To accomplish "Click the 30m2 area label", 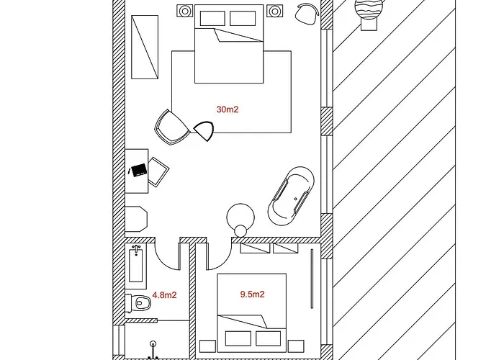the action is coord(228,109).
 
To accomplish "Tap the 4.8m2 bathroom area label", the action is coord(164,294).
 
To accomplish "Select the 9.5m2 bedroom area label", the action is coord(252,294).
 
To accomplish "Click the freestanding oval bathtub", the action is coord(291,196).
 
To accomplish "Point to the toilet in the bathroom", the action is coord(138,302).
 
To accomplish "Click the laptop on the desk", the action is coord(139,169).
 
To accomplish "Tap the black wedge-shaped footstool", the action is coord(204,130).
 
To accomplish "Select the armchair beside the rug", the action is coord(171,127).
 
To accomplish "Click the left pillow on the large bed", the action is coord(212,18).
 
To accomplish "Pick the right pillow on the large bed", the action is coord(243,18).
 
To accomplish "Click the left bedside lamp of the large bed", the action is coord(185,12).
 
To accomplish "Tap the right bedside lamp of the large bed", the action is coord(275,12).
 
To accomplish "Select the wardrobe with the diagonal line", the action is coord(145,47).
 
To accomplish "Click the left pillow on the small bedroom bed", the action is coord(238,338).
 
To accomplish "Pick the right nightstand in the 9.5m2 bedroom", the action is coord(296,346).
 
